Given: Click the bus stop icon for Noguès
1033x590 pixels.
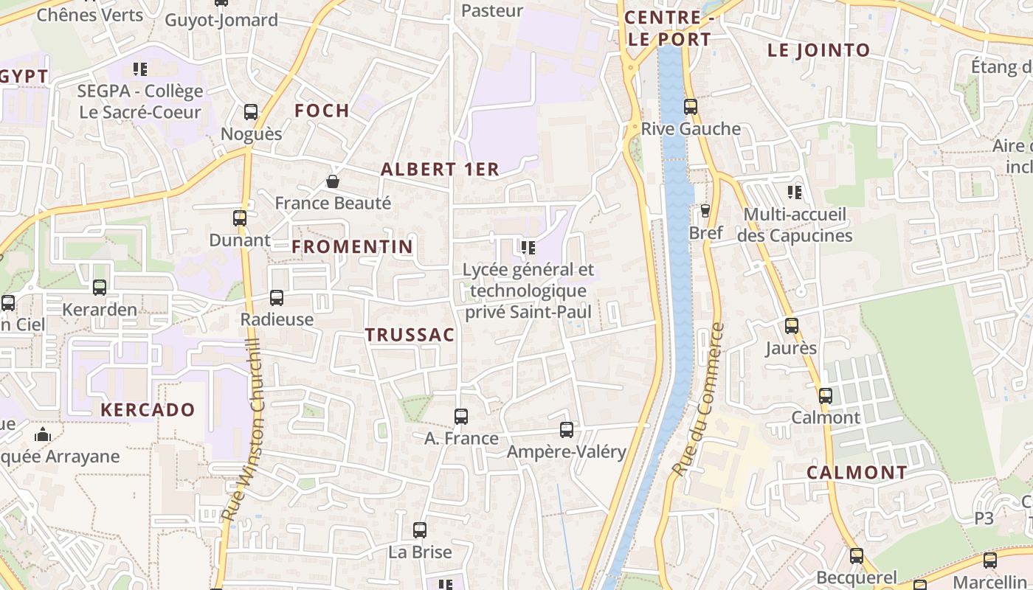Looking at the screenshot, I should [251, 112].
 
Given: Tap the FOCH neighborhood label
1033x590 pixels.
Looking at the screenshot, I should [322, 111].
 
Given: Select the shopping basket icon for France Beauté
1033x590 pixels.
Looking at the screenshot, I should [333, 181].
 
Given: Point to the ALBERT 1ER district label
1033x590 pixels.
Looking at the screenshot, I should [440, 169].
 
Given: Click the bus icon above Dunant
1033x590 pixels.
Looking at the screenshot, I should [240, 218].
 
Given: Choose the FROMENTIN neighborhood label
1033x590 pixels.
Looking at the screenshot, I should [352, 246].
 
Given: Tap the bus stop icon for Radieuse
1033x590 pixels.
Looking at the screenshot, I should [277, 298].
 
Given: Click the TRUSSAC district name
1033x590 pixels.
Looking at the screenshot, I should [410, 335].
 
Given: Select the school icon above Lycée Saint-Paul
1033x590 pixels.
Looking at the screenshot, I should [528, 247].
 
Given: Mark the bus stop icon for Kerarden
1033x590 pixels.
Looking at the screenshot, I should [100, 288].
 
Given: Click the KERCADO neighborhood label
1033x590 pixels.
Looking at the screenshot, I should [148, 410].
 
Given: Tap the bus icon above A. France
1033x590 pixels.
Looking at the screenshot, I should [461, 417].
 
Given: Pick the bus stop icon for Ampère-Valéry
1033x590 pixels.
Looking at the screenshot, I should [567, 430].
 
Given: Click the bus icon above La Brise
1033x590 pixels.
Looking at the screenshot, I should [420, 530].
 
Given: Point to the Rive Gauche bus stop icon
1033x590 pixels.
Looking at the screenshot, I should [691, 107].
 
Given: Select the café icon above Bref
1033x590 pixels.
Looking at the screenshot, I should [705, 211].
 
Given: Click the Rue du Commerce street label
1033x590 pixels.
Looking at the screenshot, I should [698, 398].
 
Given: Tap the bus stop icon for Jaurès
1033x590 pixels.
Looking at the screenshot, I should [792, 326].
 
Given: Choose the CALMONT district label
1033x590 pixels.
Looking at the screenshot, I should [857, 473].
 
